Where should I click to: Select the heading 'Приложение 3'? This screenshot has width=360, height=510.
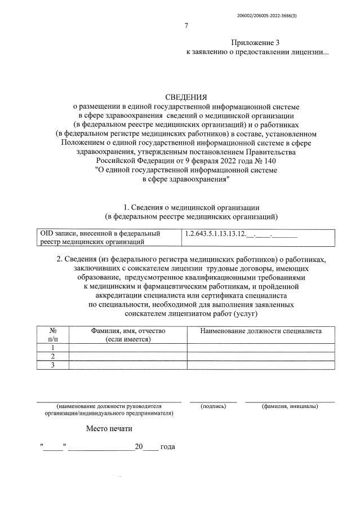tap(255, 43)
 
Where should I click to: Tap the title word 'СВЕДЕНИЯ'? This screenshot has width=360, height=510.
tap(185, 97)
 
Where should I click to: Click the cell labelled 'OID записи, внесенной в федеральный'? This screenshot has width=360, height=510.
tap(100, 233)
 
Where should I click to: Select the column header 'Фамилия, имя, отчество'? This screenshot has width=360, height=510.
tap(127, 331)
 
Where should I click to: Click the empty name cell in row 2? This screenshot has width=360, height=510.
tap(127, 356)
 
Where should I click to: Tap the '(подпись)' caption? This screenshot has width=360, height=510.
tap(213, 406)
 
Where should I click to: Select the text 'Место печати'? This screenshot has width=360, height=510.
tap(109, 428)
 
